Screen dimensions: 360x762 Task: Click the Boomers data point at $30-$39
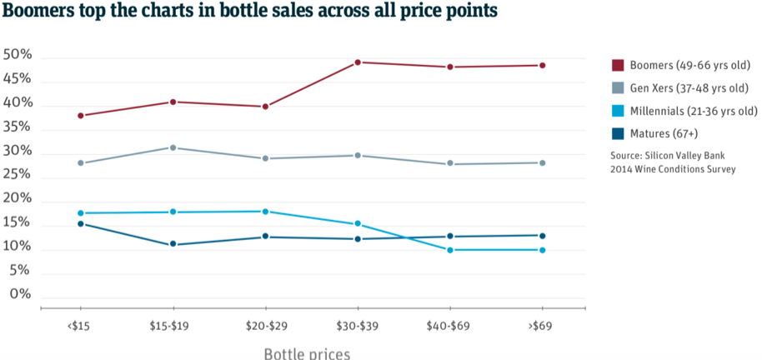[358, 62]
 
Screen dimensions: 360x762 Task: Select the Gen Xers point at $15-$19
[173, 147]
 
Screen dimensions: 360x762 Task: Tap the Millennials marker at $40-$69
[450, 250]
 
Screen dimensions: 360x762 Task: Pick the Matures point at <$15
[80, 223]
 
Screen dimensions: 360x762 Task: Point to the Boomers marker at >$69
[543, 65]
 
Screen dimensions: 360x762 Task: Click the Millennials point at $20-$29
[265, 212]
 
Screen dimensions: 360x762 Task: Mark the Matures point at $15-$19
[173, 244]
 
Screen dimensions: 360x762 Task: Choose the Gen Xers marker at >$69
[543, 162]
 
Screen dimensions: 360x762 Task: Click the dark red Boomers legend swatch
[618, 65]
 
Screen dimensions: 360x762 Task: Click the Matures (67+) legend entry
[664, 132]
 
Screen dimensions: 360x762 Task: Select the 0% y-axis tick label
[21, 295]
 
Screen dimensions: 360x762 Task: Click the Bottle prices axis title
[307, 353]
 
